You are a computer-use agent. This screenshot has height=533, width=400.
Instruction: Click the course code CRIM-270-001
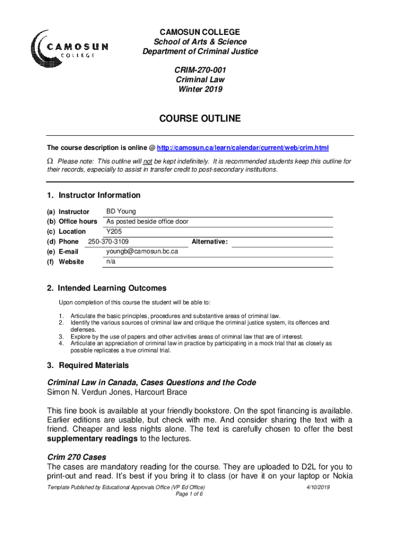tap(200, 70)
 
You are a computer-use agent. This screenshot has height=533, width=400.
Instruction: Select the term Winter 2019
tap(200, 89)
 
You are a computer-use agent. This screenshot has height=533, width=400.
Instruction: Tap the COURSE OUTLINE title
tap(200, 119)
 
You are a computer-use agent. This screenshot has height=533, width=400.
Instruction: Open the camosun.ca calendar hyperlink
tap(243, 148)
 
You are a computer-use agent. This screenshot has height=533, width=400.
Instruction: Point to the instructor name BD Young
tap(121, 211)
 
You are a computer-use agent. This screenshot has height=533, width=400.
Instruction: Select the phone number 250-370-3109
tap(109, 242)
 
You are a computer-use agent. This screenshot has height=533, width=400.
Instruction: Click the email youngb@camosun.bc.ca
tap(142, 251)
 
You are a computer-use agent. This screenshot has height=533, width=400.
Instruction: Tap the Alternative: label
tap(210, 242)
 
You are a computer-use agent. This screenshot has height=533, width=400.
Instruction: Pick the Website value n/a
tap(111, 261)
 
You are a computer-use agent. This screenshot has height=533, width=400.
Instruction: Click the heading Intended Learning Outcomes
tap(112, 288)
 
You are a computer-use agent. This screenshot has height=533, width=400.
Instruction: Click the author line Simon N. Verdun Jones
tap(117, 392)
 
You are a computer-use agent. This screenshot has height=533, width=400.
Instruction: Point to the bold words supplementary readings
tap(92, 439)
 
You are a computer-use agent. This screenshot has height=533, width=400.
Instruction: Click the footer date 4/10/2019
tap(318, 487)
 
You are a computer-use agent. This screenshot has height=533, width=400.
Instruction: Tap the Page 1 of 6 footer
tap(190, 494)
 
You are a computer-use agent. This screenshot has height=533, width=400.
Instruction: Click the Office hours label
tap(78, 222)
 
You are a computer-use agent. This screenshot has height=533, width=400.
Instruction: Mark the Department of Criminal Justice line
tap(200, 51)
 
